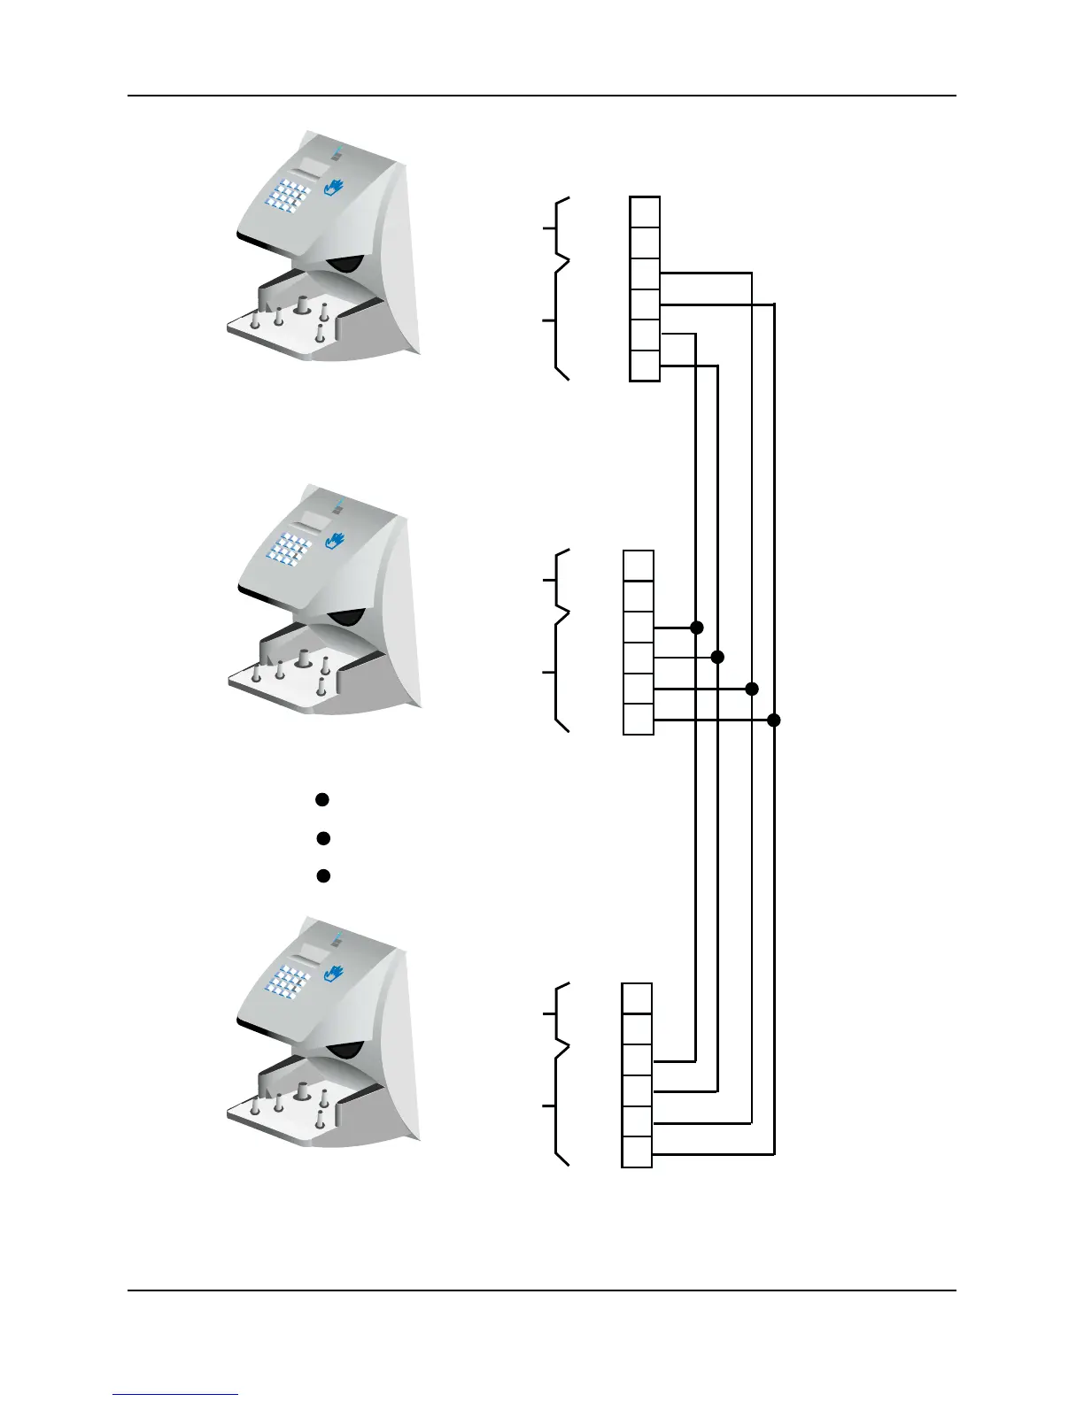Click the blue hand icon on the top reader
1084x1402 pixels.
334,187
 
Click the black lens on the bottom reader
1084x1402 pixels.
345,1050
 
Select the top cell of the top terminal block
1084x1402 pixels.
645,212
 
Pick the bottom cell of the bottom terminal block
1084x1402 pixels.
637,1152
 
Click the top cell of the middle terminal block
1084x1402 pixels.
639,565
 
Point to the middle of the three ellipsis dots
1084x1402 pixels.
323,837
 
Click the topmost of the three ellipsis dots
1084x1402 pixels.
323,799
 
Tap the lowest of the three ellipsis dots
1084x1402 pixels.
323,875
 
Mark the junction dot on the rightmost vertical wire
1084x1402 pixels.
774,720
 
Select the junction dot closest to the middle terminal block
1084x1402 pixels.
697,628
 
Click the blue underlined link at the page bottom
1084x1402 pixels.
175,1395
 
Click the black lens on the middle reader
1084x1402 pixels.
346,618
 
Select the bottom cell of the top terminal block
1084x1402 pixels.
645,366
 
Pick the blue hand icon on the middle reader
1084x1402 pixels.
334,539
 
